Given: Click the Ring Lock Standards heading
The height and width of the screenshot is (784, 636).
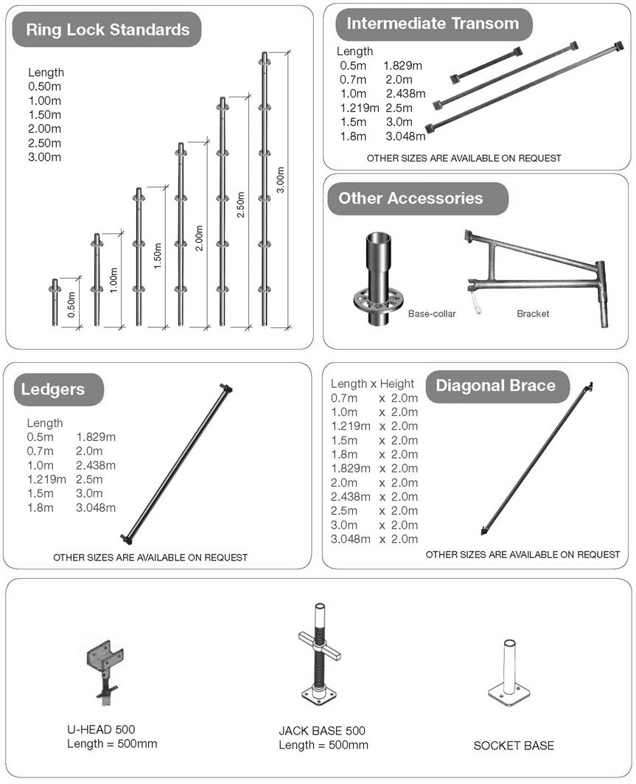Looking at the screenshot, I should coord(108,30).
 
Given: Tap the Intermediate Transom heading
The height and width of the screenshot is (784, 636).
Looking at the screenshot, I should coord(433,24).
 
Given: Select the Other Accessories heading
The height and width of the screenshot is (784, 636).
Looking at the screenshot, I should coord(410,198).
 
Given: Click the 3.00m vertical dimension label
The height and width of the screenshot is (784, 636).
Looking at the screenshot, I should coord(280,181).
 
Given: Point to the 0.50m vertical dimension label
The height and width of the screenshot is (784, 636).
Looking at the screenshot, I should coord(71,304).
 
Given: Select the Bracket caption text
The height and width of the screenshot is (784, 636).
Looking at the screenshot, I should coord(532,313).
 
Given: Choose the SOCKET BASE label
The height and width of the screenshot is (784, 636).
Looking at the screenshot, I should coord(513,746).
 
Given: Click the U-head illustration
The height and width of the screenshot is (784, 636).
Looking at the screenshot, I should coord(103,667).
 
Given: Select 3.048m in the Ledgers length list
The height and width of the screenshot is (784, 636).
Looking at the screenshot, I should coord(96,507).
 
